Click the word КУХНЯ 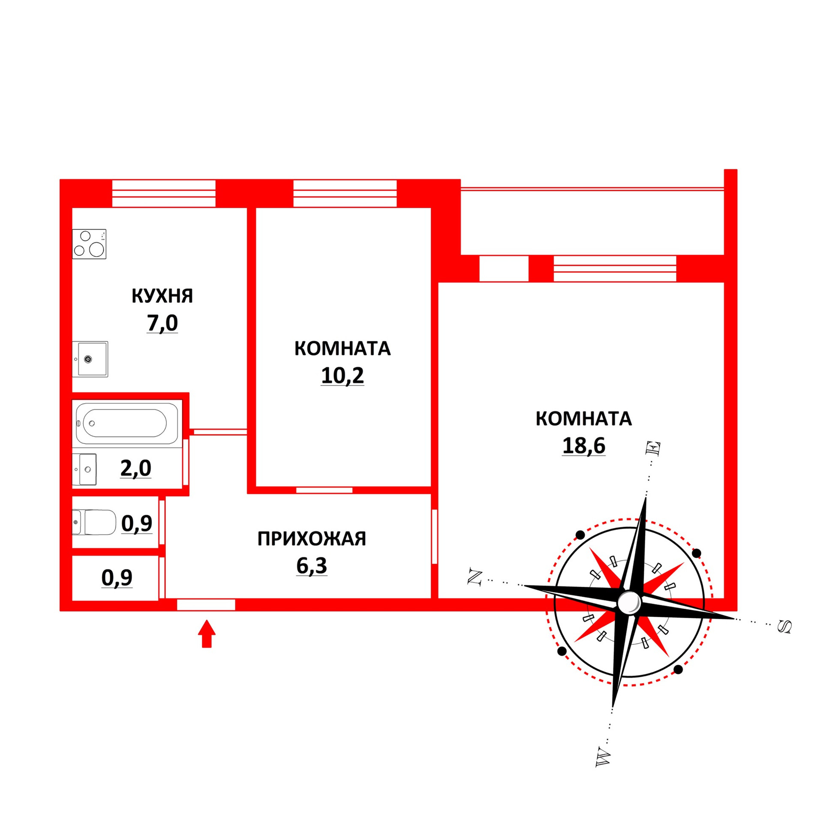tap(162, 296)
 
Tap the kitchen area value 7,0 tap(162, 323)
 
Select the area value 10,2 tap(342, 376)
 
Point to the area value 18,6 tap(583, 445)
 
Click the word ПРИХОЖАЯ tap(312, 539)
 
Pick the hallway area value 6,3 tap(312, 566)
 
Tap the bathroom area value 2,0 tap(135, 468)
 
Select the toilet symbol tap(94, 522)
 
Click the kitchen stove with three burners tap(89, 244)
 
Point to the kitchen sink tap(90, 359)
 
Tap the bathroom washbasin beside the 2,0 tap(84, 469)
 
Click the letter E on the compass tap(654, 448)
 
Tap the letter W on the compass tap(603, 758)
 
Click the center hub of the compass tap(628, 602)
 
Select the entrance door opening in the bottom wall tap(206, 604)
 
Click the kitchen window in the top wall tap(163, 193)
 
